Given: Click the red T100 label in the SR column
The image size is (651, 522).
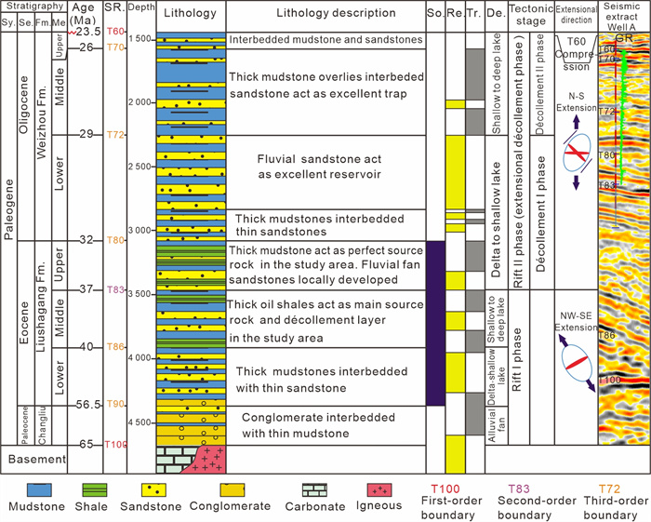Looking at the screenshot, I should (x=115, y=445).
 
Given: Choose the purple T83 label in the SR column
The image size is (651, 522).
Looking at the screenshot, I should (x=115, y=289).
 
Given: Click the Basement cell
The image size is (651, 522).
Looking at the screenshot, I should (x=36, y=459).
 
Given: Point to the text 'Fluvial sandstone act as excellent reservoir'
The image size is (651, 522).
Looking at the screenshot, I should (x=321, y=168).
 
